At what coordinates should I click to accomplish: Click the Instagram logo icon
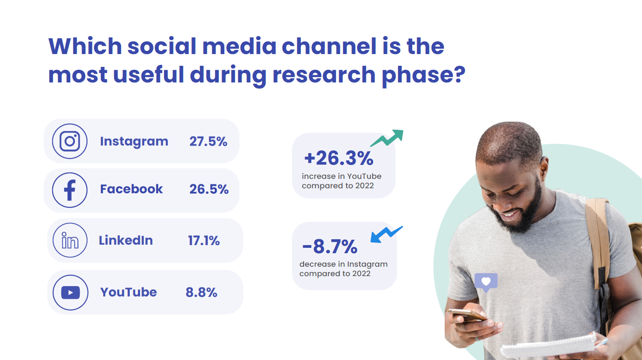tap(70, 141)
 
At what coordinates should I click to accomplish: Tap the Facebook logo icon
tap(70, 190)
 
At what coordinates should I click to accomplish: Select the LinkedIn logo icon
tap(70, 240)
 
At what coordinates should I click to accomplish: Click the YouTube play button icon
tap(70, 292)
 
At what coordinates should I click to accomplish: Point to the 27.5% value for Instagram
tap(208, 141)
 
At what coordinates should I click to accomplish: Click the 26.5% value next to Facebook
tap(209, 189)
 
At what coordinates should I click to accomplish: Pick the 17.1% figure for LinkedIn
tap(204, 241)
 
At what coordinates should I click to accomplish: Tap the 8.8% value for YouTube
tap(201, 292)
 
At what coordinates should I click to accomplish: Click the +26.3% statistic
tap(339, 158)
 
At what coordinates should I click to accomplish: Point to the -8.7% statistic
tap(330, 246)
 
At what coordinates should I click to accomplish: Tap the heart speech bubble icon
tap(486, 283)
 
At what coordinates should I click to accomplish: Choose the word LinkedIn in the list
tap(126, 240)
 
